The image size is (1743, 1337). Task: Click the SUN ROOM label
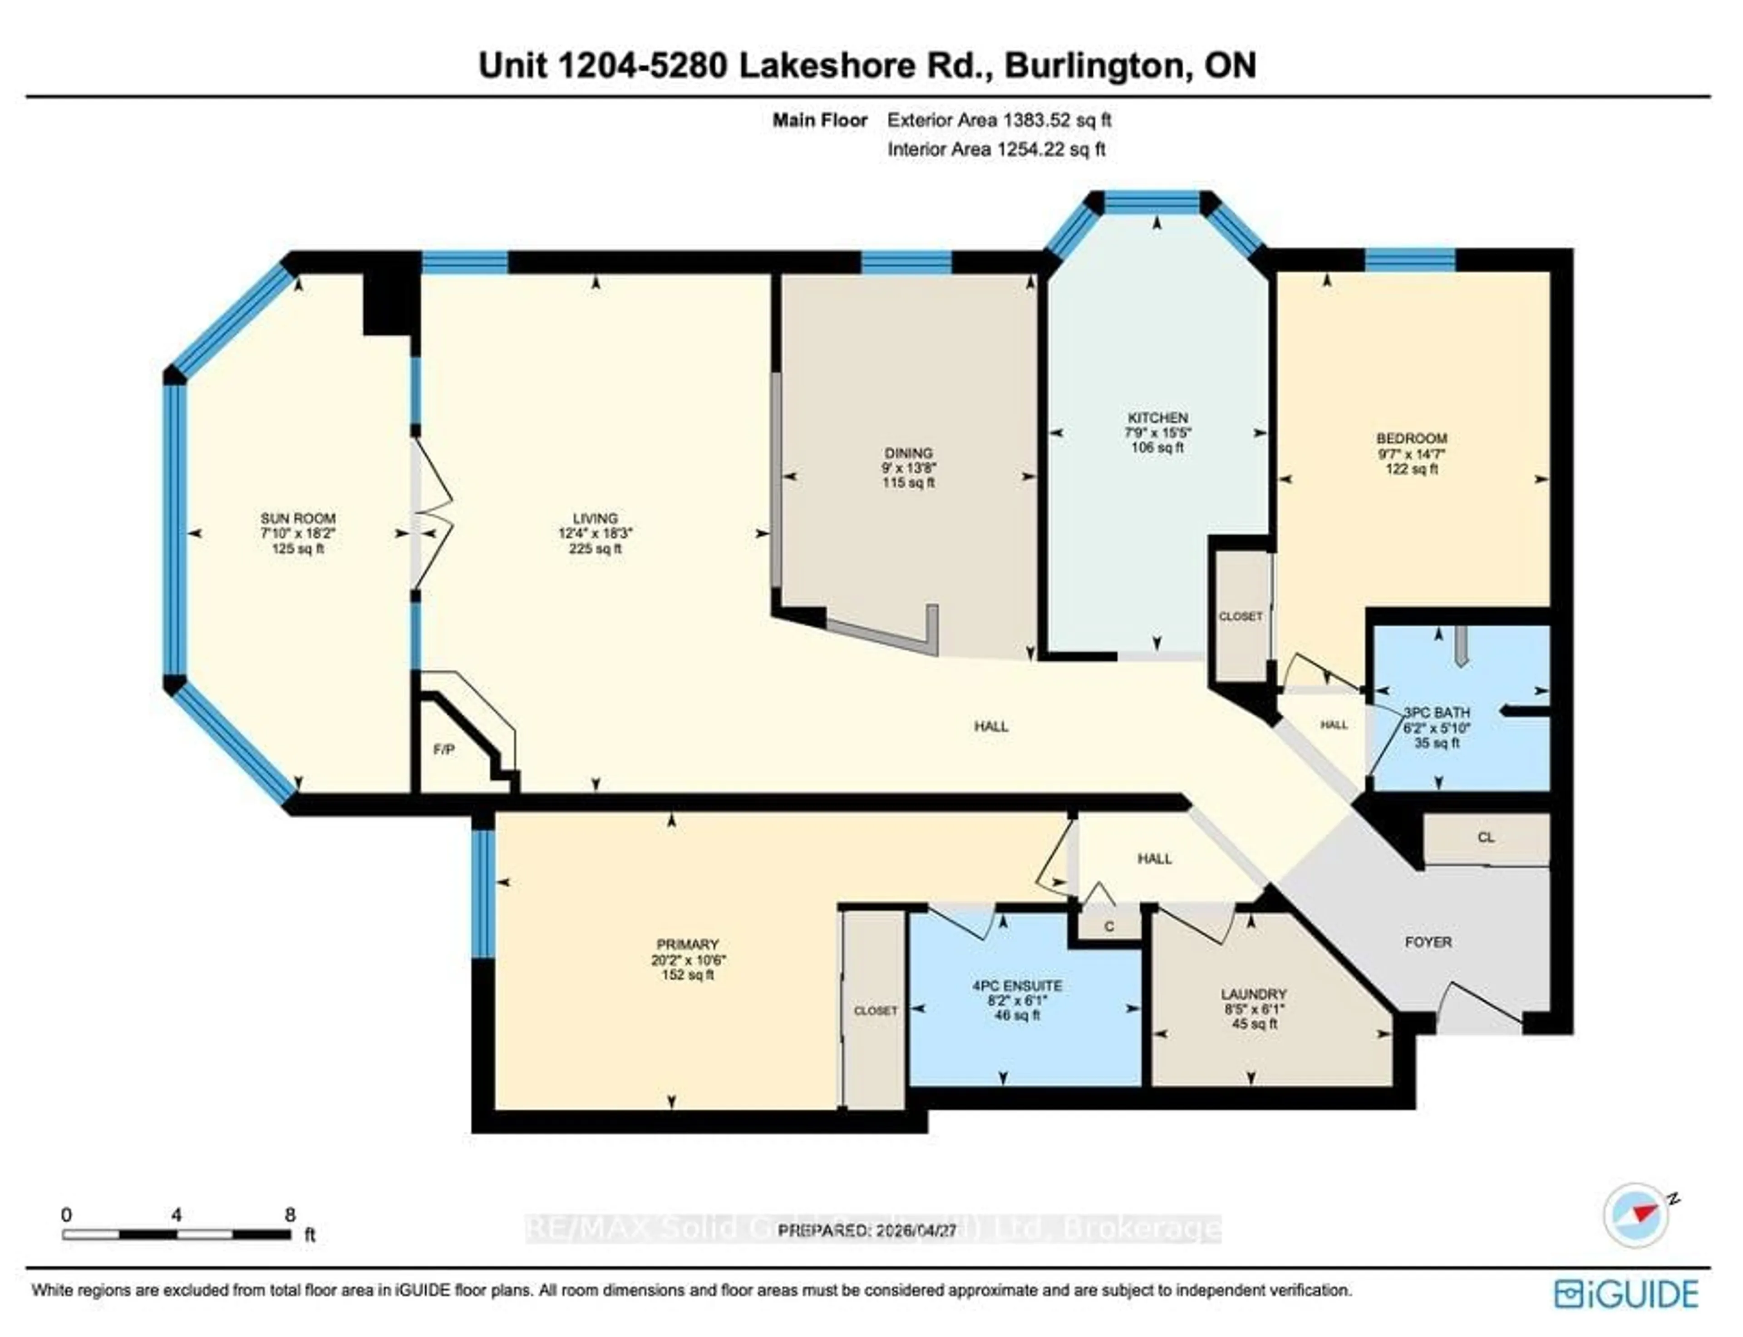(x=298, y=518)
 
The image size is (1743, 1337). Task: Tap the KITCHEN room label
(x=1157, y=418)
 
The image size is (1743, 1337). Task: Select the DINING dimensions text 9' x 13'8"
(x=908, y=468)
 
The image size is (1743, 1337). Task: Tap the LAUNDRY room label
(x=1254, y=994)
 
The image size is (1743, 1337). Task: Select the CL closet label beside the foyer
(x=1485, y=837)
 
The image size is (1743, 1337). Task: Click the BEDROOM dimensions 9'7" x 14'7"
(x=1411, y=454)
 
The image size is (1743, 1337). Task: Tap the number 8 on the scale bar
(x=290, y=1214)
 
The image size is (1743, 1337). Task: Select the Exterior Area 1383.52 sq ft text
(x=999, y=120)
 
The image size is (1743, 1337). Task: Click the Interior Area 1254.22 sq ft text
(x=996, y=149)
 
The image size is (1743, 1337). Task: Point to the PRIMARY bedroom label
(x=688, y=944)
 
